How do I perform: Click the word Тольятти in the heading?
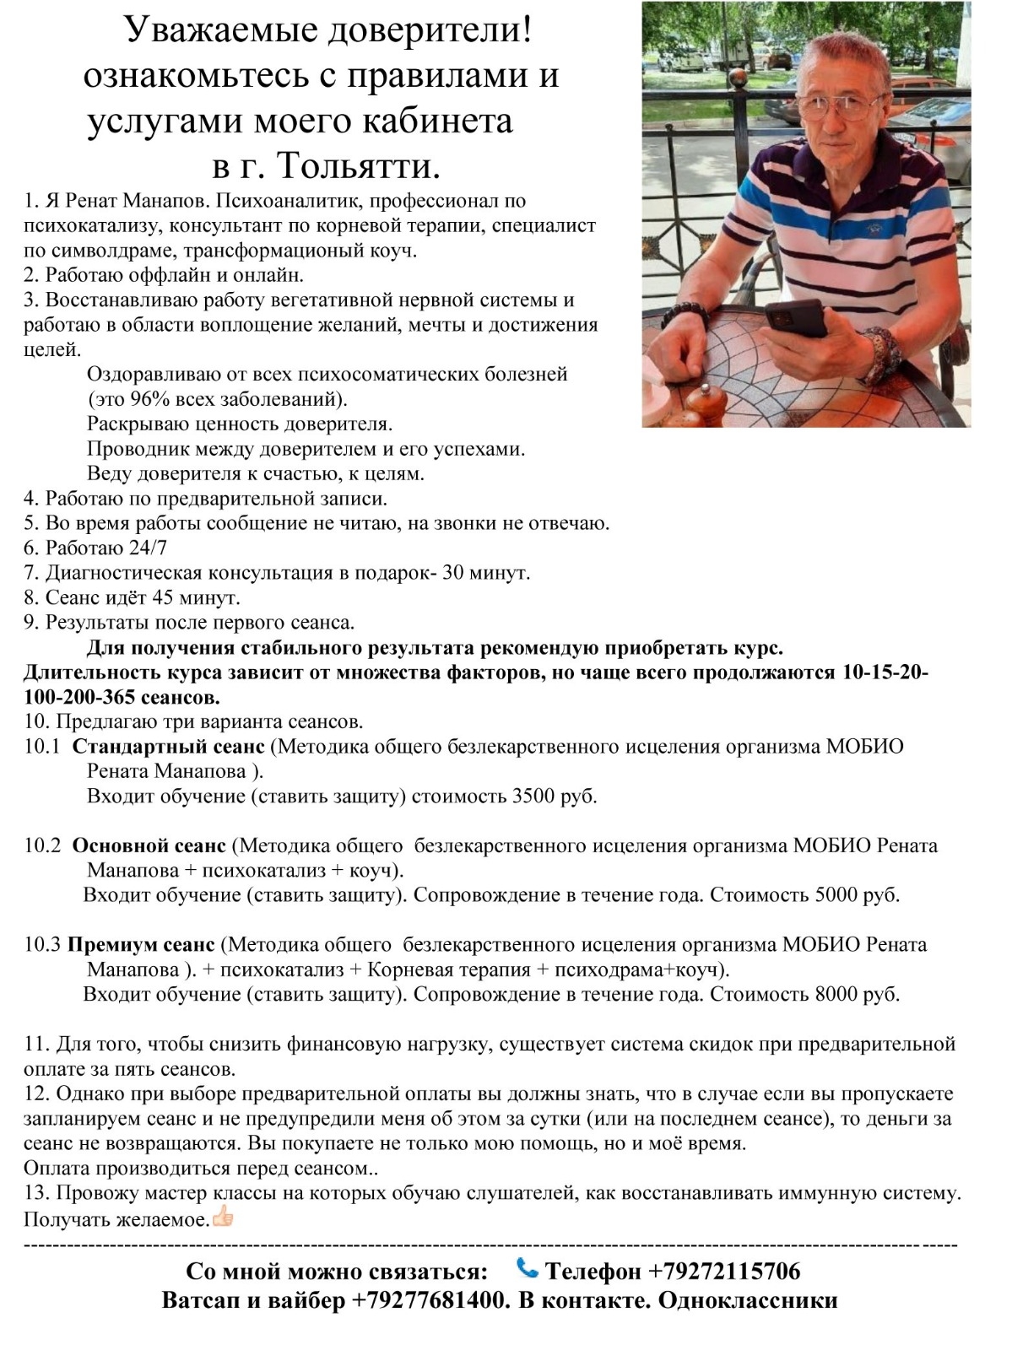click(360, 166)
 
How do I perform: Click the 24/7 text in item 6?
click(148, 548)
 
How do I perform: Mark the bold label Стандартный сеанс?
click(169, 747)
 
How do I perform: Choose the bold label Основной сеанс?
click(149, 845)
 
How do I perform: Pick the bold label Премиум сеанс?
click(142, 944)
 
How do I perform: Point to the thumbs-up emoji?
click(223, 1217)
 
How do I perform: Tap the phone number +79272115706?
click(724, 1271)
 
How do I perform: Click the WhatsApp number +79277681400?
click(428, 1300)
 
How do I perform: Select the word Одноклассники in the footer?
click(747, 1300)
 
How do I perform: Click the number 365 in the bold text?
click(151, 698)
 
